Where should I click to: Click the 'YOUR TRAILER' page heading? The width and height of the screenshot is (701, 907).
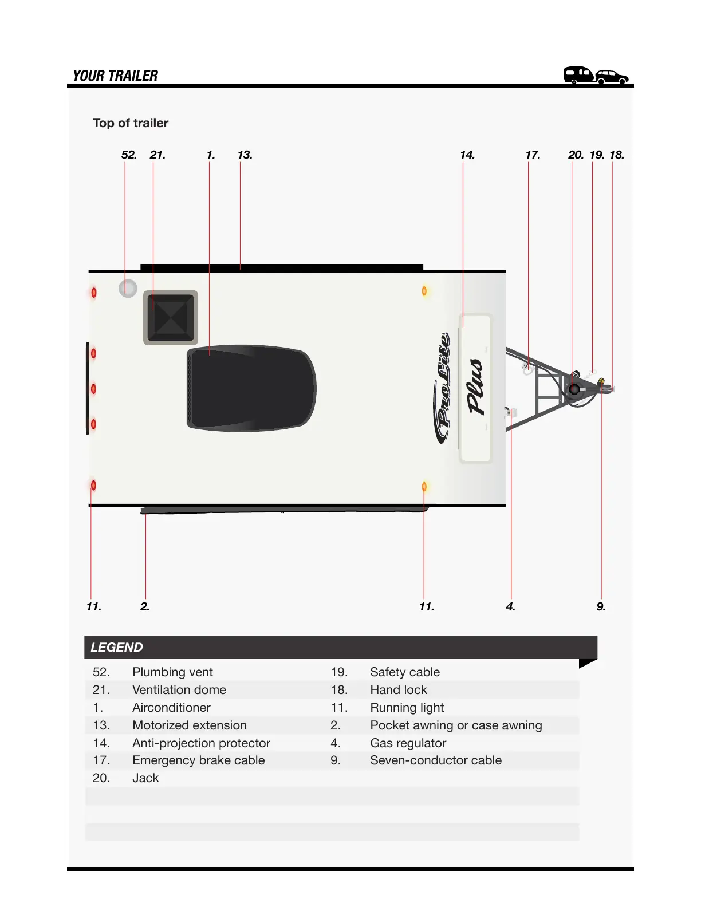[115, 76]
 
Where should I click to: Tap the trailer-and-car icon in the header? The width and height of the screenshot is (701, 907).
[596, 75]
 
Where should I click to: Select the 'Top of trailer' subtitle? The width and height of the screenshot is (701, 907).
[131, 123]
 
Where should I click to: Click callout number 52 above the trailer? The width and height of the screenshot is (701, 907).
[129, 155]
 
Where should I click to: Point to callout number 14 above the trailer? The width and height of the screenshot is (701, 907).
[467, 155]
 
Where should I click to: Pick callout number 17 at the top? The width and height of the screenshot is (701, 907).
[533, 155]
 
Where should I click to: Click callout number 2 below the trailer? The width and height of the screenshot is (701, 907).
[145, 607]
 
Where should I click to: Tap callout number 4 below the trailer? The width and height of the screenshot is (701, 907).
[510, 607]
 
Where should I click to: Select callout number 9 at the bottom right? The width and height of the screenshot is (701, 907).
[601, 607]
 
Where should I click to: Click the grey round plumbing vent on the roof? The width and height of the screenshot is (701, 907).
[128, 288]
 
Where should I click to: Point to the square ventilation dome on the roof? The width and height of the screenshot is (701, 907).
[171, 318]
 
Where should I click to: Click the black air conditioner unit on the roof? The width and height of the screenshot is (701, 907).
[251, 388]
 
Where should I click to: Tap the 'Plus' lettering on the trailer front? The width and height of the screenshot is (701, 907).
[476, 387]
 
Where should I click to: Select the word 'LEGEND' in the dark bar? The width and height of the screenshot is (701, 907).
[117, 648]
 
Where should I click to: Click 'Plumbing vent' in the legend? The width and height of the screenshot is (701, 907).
[172, 672]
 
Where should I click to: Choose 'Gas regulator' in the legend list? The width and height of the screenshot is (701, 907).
[408, 743]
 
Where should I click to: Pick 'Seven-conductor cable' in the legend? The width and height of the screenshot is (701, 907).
[435, 760]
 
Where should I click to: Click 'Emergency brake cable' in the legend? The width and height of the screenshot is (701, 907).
[198, 760]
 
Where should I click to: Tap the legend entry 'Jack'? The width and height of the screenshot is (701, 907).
[145, 778]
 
